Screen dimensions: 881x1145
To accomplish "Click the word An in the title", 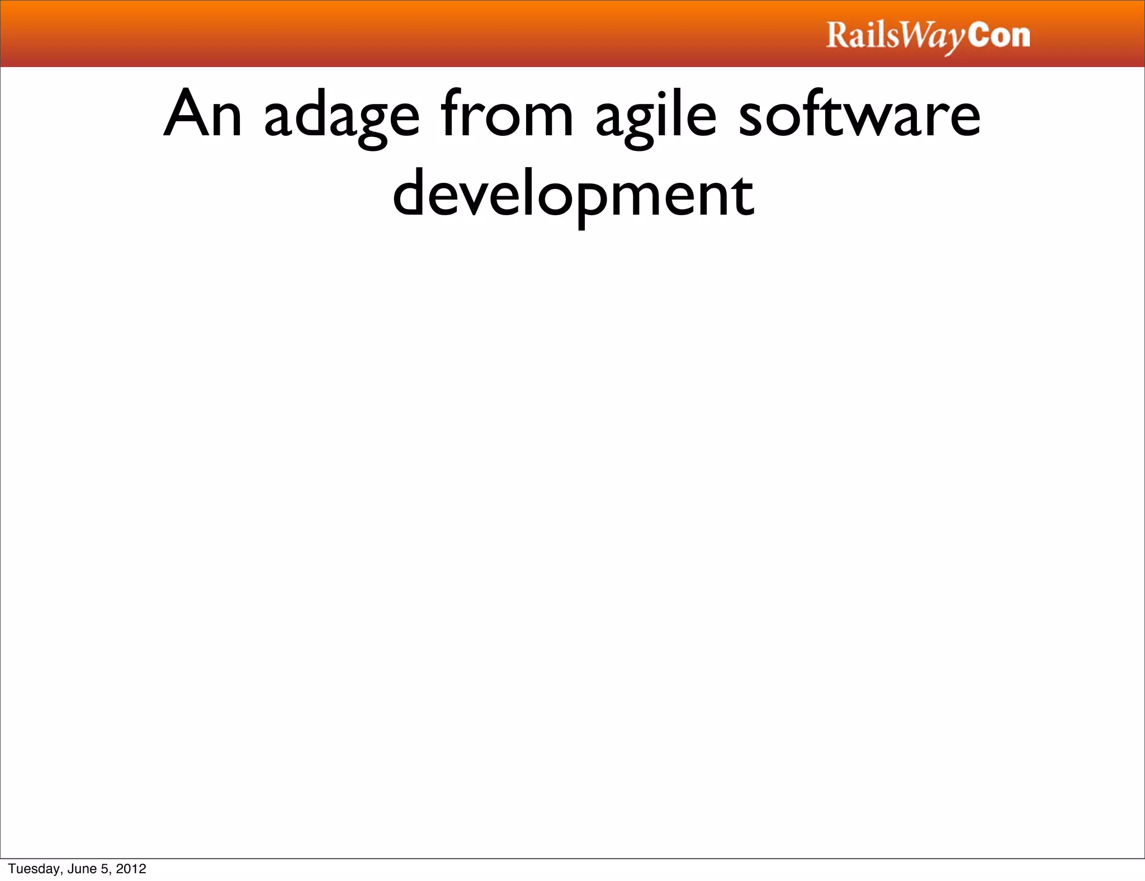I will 202,115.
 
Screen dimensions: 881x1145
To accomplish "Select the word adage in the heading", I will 342,117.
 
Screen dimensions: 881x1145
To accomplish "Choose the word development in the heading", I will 573,196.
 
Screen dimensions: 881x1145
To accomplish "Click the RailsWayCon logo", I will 928,36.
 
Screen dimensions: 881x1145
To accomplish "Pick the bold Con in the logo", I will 999,35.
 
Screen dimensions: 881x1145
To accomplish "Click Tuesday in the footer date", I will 34,869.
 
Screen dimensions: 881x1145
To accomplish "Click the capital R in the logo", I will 838,35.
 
